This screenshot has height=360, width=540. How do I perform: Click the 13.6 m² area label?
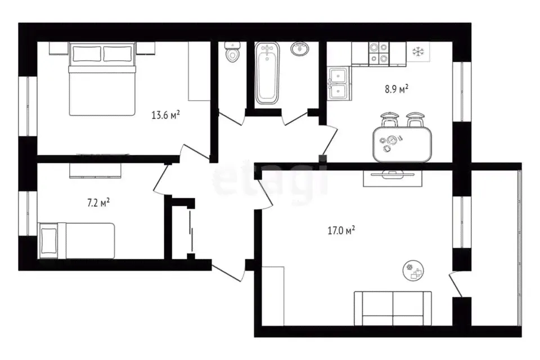[165, 114]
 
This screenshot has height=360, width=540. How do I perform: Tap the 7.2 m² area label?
[98, 202]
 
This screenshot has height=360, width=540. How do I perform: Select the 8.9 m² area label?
[397, 89]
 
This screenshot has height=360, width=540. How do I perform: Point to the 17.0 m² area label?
[341, 230]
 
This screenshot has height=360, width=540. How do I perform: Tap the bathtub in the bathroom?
[267, 73]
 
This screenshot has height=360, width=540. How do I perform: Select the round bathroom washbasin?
[300, 48]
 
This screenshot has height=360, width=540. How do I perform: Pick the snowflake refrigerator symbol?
[418, 52]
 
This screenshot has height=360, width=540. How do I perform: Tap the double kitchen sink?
[339, 83]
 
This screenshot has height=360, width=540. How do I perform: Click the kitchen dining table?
[402, 144]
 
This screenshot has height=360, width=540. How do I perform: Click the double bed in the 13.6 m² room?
[102, 79]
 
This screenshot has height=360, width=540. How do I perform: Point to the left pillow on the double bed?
[87, 54]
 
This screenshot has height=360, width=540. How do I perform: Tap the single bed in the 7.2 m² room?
[76, 240]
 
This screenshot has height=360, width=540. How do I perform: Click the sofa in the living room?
[393, 308]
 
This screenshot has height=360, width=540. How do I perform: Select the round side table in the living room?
[413, 271]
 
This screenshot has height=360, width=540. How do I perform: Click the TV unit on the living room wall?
[393, 178]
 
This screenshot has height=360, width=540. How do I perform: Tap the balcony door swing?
[455, 285]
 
